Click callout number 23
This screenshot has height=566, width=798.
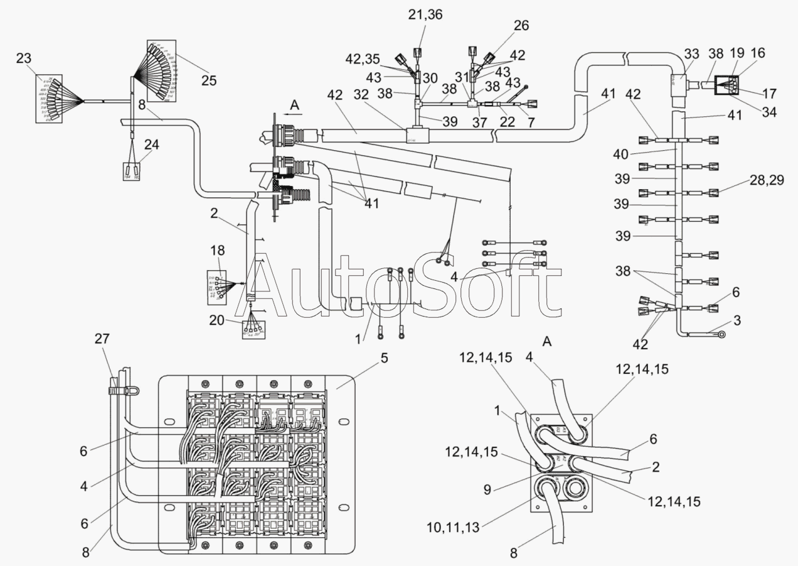pyautogui.click(x=23, y=59)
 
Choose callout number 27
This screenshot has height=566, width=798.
pyautogui.click(x=102, y=339)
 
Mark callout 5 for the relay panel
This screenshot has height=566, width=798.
pyautogui.click(x=384, y=358)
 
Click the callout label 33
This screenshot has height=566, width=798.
pyautogui.click(x=692, y=55)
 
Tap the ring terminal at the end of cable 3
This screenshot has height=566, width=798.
pyautogui.click(x=721, y=335)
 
